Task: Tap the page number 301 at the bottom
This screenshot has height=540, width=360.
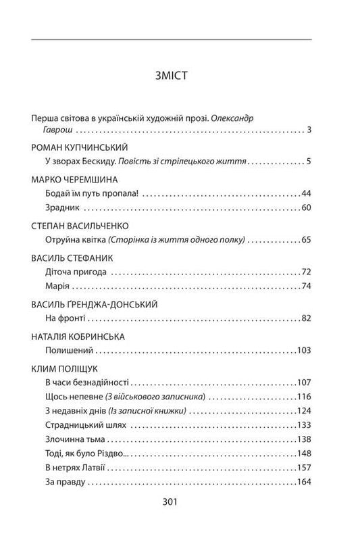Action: [180, 503]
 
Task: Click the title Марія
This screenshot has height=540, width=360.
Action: [54, 287]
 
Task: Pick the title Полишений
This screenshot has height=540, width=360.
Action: [66, 351]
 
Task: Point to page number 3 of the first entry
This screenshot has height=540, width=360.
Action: [308, 129]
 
